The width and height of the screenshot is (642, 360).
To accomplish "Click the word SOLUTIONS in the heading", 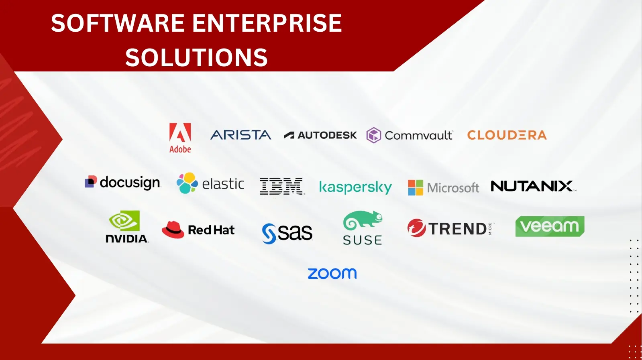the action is [x=196, y=57].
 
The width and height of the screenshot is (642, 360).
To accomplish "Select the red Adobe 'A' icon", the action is [x=180, y=132].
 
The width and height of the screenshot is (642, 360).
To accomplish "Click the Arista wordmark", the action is [x=241, y=135].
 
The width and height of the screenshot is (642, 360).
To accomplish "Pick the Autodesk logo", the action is [x=320, y=135].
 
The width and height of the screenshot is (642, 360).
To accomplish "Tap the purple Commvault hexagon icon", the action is [x=374, y=135].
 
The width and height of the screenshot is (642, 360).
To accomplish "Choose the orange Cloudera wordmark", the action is [x=507, y=135].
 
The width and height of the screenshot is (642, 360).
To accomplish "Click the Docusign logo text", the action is [x=130, y=183].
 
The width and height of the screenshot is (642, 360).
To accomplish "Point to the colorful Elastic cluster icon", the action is [x=187, y=183].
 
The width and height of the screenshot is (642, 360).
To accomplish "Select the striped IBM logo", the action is [x=282, y=186].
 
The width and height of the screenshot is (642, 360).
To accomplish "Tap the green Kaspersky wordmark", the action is [x=355, y=187].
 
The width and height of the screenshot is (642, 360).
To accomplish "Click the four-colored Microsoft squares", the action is [x=415, y=187].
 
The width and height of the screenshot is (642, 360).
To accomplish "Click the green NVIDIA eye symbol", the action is [x=124, y=220].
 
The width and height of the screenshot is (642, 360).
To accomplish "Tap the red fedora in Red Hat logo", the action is [x=173, y=230].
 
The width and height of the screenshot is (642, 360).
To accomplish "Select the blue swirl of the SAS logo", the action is [x=269, y=234].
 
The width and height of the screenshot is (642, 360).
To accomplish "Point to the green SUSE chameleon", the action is [x=363, y=220].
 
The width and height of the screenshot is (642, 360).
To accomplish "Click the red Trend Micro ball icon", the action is [x=416, y=228].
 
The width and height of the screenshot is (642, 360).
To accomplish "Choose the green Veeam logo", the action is [x=550, y=226].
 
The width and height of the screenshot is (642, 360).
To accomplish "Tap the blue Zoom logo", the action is [x=332, y=273].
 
